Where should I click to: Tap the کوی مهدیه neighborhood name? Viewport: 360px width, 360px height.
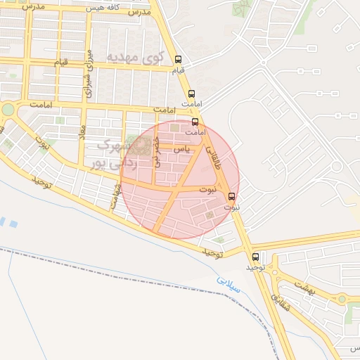click(x=135, y=56)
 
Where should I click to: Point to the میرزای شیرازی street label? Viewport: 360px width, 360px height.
click(x=89, y=73)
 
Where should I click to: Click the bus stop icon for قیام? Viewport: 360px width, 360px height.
click(x=178, y=60)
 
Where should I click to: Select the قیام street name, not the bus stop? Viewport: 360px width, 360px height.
click(x=62, y=63)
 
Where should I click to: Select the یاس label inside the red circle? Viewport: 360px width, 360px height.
click(x=181, y=149)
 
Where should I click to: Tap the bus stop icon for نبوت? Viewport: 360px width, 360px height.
click(x=232, y=196)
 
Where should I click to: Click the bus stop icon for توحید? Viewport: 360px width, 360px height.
click(x=255, y=257)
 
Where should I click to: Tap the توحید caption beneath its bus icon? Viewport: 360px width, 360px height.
click(x=254, y=268)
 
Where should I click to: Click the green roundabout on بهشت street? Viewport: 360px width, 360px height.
click(x=342, y=299)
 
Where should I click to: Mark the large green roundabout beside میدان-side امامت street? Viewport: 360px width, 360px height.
click(x=8, y=110)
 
